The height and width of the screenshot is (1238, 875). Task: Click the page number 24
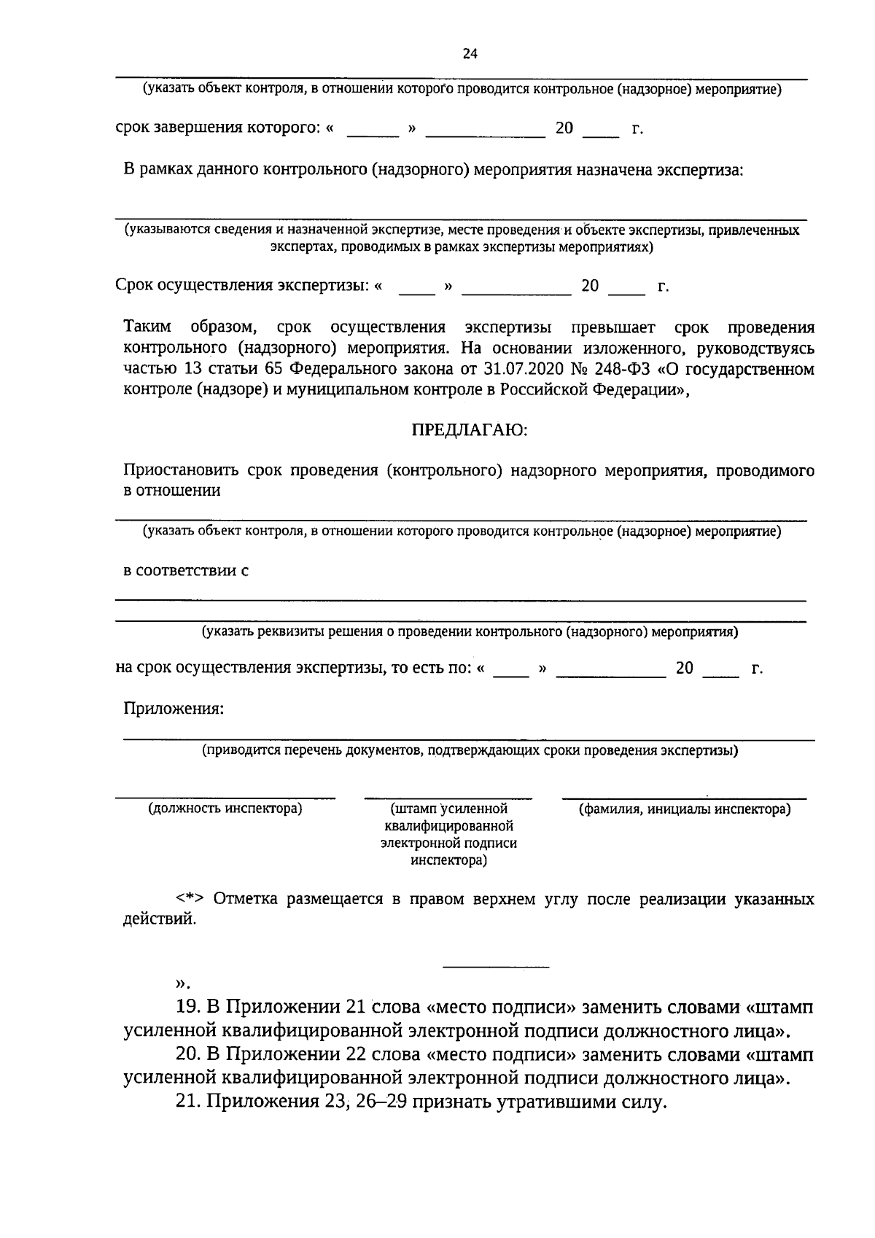coord(470,53)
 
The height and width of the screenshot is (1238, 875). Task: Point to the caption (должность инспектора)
coord(225,809)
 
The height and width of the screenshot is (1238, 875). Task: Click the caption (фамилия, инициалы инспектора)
coord(684,809)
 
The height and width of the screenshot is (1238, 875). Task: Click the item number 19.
coord(188,1008)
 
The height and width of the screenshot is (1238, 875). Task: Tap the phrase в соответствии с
coord(186,570)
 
